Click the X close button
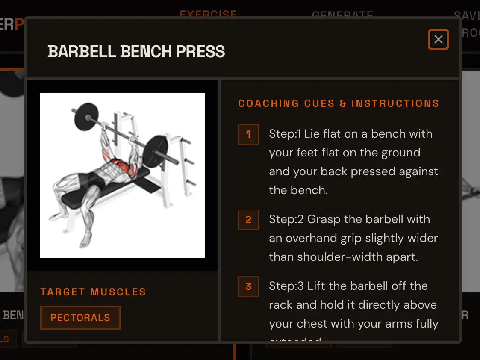coord(438,40)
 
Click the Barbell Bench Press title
coord(136,52)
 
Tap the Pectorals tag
coord(80,318)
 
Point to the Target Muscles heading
coord(93,292)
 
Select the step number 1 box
coord(248,134)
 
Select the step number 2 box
coord(248,220)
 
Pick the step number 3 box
coord(248,286)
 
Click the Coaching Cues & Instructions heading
coord(339,103)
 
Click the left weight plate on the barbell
coord(88,117)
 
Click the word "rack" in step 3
coord(283,305)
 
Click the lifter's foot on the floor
coord(85,244)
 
